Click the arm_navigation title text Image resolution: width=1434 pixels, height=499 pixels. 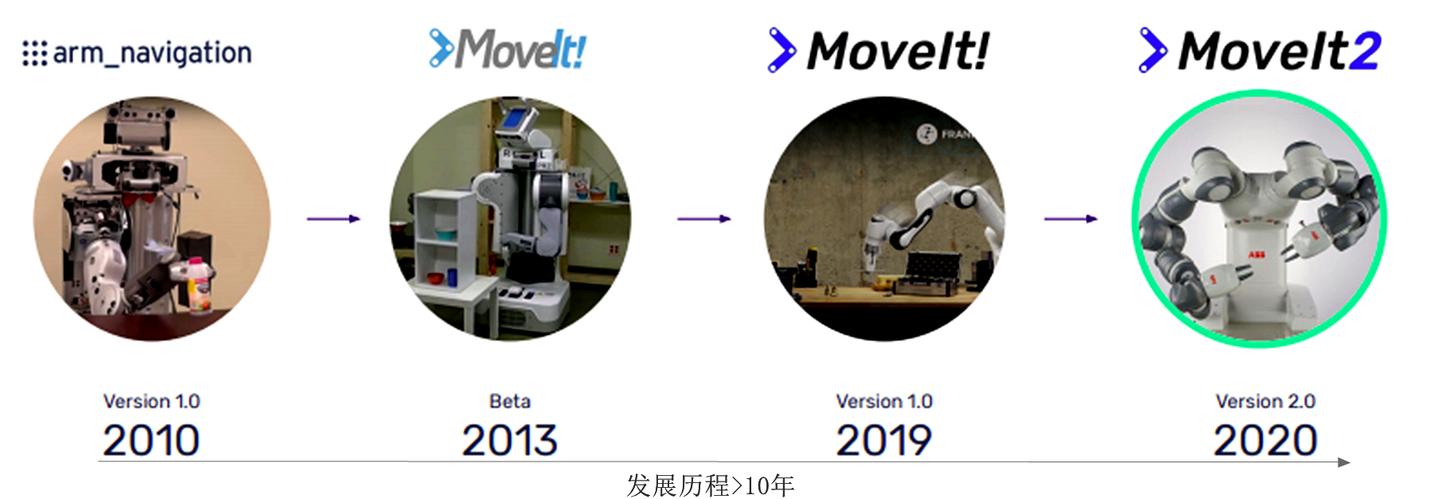[x=151, y=53]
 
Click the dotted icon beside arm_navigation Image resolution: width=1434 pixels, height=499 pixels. [x=34, y=53]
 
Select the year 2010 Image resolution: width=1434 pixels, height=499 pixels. [x=151, y=440]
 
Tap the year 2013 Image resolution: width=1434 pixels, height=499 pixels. [x=509, y=440]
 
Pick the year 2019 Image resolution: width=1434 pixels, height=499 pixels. [x=884, y=440]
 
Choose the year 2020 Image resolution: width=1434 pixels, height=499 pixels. [x=1265, y=440]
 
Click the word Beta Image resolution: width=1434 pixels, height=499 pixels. [x=510, y=401]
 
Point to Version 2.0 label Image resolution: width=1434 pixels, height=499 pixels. [x=1265, y=401]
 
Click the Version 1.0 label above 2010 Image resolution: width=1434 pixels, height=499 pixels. [x=151, y=401]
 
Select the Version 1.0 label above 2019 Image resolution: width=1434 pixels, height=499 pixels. [x=884, y=401]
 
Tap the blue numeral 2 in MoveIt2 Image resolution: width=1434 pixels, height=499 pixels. [x=1365, y=52]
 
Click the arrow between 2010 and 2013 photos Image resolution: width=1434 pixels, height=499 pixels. [x=334, y=218]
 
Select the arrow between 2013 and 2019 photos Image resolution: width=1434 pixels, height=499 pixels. [x=704, y=218]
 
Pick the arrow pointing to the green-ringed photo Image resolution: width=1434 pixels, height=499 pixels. [x=1071, y=218]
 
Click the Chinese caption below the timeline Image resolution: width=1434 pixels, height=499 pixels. [x=710, y=485]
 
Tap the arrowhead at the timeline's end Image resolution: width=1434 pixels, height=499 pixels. [x=1343, y=462]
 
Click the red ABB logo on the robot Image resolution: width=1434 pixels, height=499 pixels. [x=1256, y=254]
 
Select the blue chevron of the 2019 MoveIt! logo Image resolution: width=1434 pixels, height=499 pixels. [x=782, y=50]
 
